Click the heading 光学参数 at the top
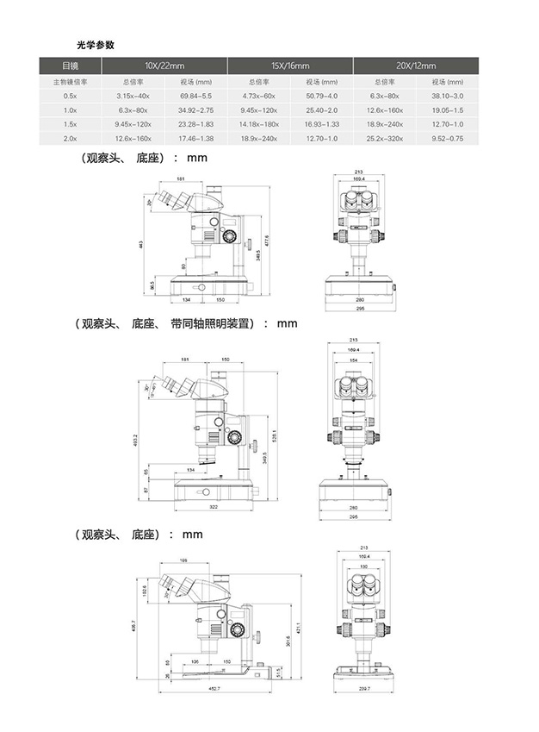[95, 43]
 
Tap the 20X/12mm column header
[416, 66]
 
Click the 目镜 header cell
[70, 66]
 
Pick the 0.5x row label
[70, 95]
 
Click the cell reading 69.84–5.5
[195, 95]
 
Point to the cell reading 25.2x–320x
[384, 138]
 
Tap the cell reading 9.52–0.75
[448, 138]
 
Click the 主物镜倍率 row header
[70, 81]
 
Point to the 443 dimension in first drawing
[140, 245]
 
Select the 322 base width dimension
[213, 507]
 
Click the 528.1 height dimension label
[273, 435]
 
